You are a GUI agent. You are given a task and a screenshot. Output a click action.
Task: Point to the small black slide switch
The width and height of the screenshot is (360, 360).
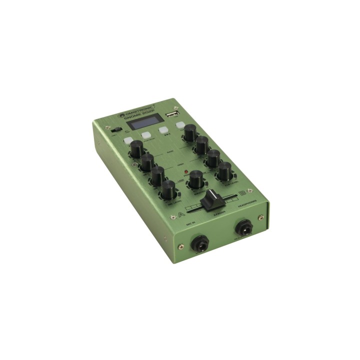click(x=115, y=130)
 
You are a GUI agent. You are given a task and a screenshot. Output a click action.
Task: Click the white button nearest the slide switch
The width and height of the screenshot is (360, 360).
click(x=129, y=141)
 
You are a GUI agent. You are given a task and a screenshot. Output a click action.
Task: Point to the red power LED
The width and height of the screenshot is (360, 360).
click(x=186, y=173)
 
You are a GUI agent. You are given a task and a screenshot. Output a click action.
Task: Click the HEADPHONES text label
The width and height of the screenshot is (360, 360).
click(x=247, y=202)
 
